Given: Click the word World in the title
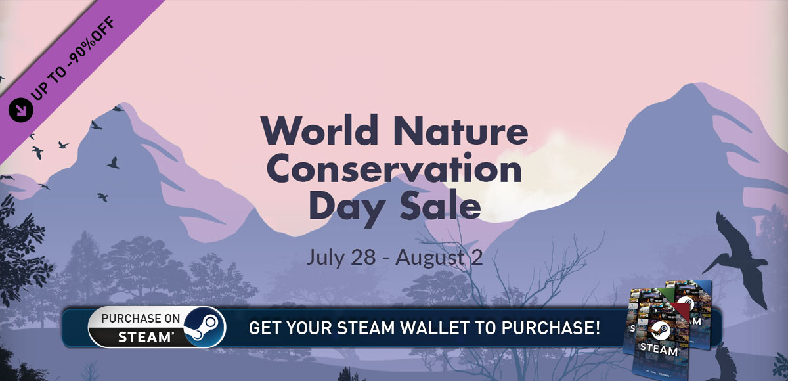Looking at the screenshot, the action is [x=319, y=130].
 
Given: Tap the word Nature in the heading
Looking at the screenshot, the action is [x=460, y=130].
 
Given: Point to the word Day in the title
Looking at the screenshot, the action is [x=347, y=208].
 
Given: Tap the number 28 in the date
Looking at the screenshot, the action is [x=364, y=257].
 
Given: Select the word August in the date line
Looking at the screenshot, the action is [x=430, y=259].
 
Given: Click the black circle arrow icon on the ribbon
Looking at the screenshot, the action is [x=21, y=110].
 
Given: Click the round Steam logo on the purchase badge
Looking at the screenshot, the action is [x=204, y=327].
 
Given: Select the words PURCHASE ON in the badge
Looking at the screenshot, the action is [x=141, y=319].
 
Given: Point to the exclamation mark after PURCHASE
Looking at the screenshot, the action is [x=597, y=328].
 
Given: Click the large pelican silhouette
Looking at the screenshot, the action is [x=739, y=259].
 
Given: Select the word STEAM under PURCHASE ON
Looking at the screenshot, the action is [x=144, y=337].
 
